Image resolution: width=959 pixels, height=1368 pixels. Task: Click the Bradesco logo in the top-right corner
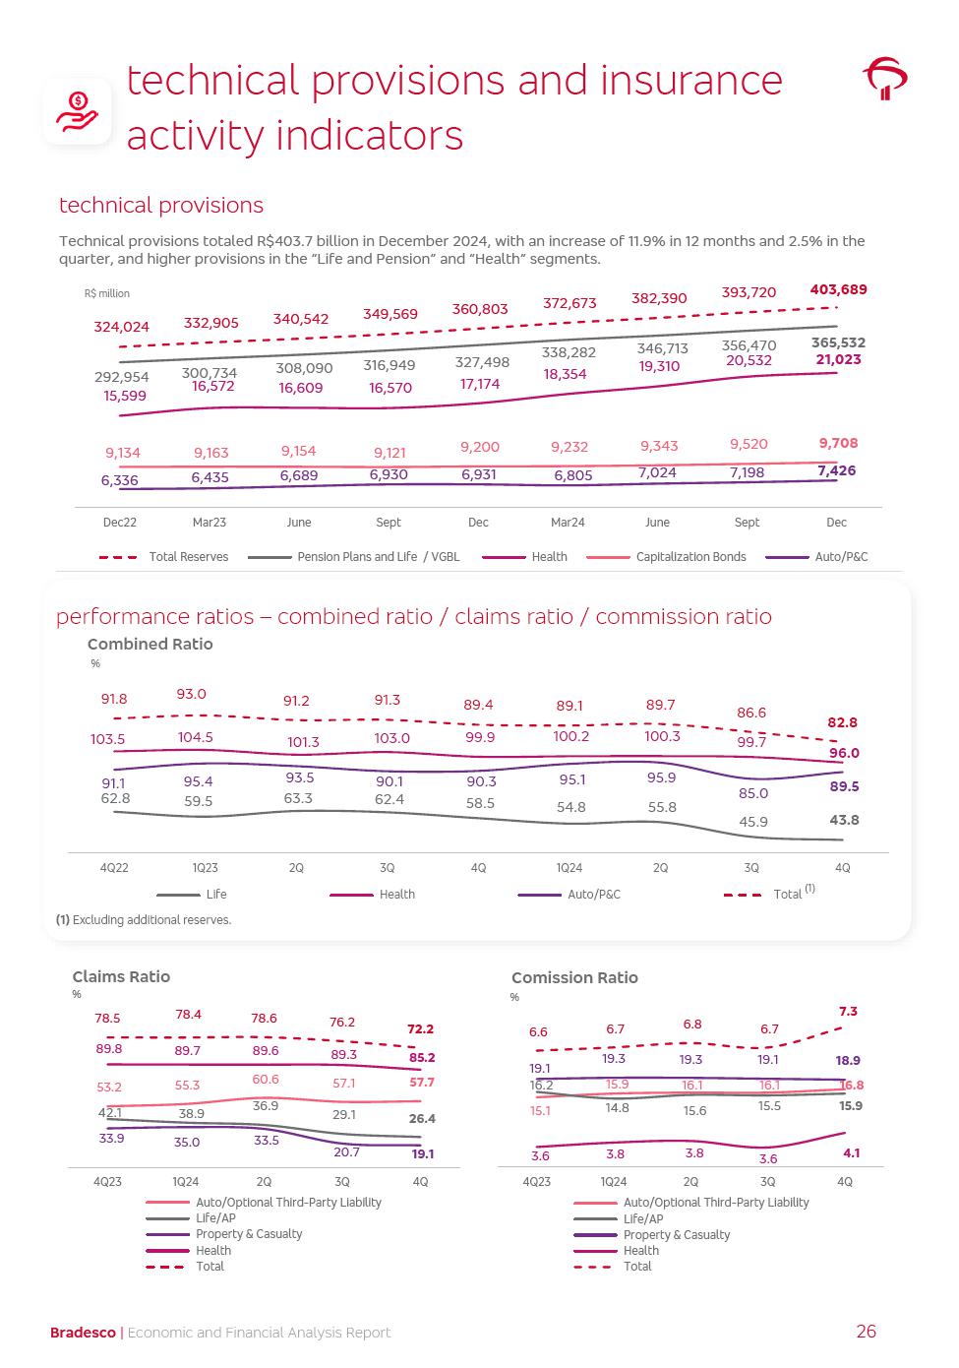(884, 79)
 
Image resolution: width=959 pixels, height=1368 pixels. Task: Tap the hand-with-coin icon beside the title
(78, 111)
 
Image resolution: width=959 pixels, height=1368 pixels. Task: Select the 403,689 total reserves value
(838, 289)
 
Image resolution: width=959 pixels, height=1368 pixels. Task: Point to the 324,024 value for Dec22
(122, 327)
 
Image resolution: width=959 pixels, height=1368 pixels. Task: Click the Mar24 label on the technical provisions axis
(568, 523)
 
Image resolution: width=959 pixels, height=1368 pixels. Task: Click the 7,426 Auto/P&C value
(836, 470)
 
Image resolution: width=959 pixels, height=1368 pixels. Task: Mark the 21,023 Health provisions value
(838, 359)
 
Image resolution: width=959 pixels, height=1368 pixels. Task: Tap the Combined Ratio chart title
(150, 644)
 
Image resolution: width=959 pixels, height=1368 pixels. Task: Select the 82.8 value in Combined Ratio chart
(842, 722)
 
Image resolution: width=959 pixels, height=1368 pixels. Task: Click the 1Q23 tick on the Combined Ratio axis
(205, 868)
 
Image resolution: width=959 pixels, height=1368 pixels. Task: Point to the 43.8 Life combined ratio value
(844, 820)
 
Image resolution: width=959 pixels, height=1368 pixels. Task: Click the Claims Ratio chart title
(121, 976)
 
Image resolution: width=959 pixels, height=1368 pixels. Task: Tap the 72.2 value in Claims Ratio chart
(420, 1029)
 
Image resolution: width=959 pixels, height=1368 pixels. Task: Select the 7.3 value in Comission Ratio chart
(848, 1012)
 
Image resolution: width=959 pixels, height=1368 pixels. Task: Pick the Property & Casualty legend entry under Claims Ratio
(249, 1234)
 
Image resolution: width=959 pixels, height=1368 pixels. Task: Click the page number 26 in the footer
(866, 1332)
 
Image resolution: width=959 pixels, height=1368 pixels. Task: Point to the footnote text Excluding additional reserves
(151, 920)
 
